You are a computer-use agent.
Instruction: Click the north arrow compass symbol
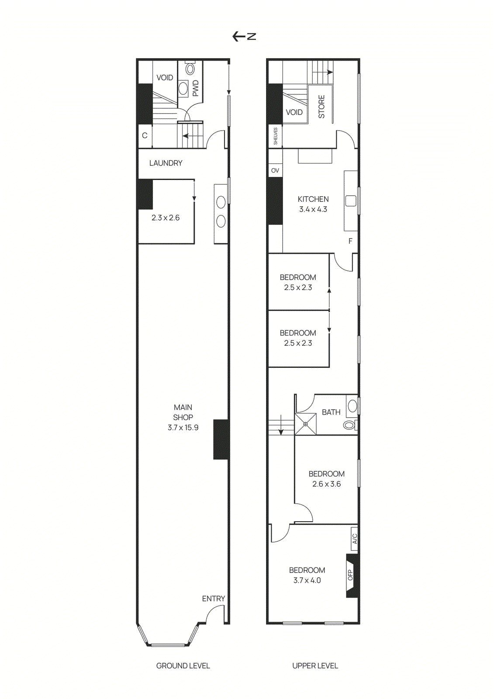tap(244, 36)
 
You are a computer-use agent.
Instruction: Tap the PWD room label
tap(195, 88)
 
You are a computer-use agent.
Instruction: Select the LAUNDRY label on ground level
tap(166, 163)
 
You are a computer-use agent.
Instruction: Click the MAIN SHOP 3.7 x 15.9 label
tap(183, 417)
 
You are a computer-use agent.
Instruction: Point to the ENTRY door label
tap(213, 599)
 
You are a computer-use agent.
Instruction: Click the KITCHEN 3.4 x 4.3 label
tap(313, 204)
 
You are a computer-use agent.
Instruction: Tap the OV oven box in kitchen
tap(275, 170)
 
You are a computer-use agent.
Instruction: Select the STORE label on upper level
tap(321, 107)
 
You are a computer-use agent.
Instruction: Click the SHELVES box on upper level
tap(276, 136)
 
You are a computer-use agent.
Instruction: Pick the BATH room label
tap(331, 412)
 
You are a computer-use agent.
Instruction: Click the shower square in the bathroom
tap(305, 424)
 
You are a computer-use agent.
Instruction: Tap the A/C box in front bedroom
tap(354, 538)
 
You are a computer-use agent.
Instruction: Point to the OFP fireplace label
tap(350, 575)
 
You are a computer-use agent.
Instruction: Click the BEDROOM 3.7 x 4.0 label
tap(307, 575)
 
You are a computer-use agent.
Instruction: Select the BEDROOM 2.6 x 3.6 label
tap(326, 479)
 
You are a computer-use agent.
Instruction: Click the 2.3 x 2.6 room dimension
tap(166, 218)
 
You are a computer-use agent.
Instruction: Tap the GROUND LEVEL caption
tap(183, 666)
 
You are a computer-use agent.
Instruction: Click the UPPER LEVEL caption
tap(315, 666)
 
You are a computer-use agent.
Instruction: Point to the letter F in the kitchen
tap(350, 241)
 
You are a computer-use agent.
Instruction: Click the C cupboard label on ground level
tap(145, 136)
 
